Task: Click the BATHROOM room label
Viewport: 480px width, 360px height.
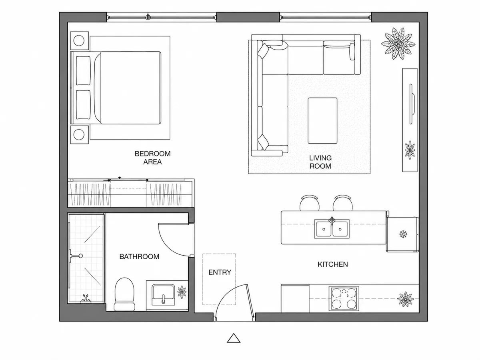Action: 139,256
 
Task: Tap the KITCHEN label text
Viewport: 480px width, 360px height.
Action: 333,264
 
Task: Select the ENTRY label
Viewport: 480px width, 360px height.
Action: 220,272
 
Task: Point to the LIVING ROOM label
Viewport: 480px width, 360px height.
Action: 320,162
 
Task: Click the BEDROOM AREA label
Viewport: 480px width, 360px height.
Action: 152,158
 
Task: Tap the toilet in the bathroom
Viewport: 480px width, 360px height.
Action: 124,294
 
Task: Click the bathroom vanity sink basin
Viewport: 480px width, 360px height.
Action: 163,294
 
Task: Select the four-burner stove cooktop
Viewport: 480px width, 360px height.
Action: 344,298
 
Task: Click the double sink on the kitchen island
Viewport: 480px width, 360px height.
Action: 332,229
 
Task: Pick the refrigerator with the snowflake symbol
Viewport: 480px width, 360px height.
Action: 402,234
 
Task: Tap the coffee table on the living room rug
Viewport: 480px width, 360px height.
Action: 322,120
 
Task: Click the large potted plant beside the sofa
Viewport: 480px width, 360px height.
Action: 398,44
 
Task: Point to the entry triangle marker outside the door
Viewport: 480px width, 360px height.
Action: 234,338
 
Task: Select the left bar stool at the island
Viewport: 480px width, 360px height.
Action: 310,203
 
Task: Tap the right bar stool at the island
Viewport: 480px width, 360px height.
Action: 343,203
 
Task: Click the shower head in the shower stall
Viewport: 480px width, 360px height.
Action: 76,256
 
